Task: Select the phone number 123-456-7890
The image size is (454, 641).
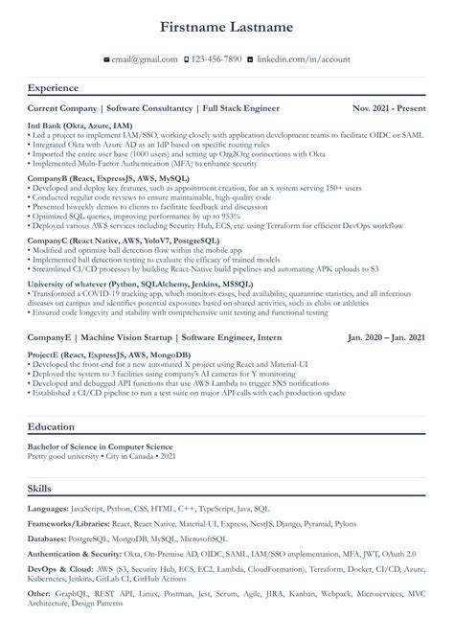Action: tap(217, 59)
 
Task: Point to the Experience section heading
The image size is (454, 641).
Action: tap(54, 88)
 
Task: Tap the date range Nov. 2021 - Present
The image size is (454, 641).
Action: tap(388, 108)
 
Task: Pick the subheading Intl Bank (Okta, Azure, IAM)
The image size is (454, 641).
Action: tap(79, 125)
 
